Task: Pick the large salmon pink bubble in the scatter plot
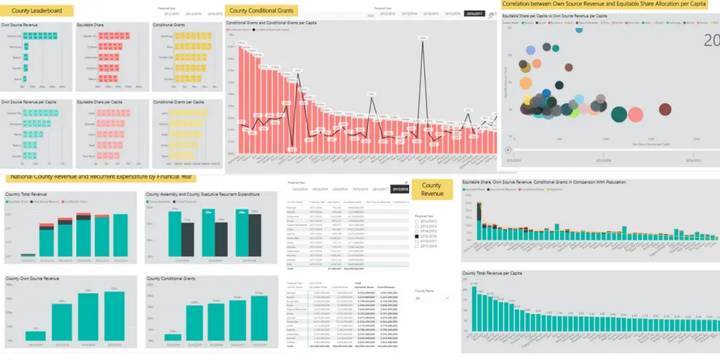(x=636, y=114)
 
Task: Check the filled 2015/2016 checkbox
(x=417, y=236)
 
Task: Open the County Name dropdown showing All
(x=432, y=297)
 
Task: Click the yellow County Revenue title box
(x=432, y=190)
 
